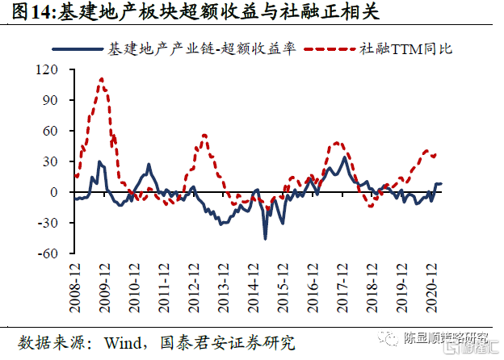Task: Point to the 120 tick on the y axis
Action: pos(55,70)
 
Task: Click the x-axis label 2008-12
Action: pos(75,280)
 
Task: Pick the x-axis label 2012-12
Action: pos(194,280)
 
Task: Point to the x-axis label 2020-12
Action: pos(431,280)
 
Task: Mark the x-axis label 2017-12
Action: pos(342,280)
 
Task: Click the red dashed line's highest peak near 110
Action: pos(102,79)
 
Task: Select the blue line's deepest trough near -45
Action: pos(265,238)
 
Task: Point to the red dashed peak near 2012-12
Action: pos(204,135)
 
